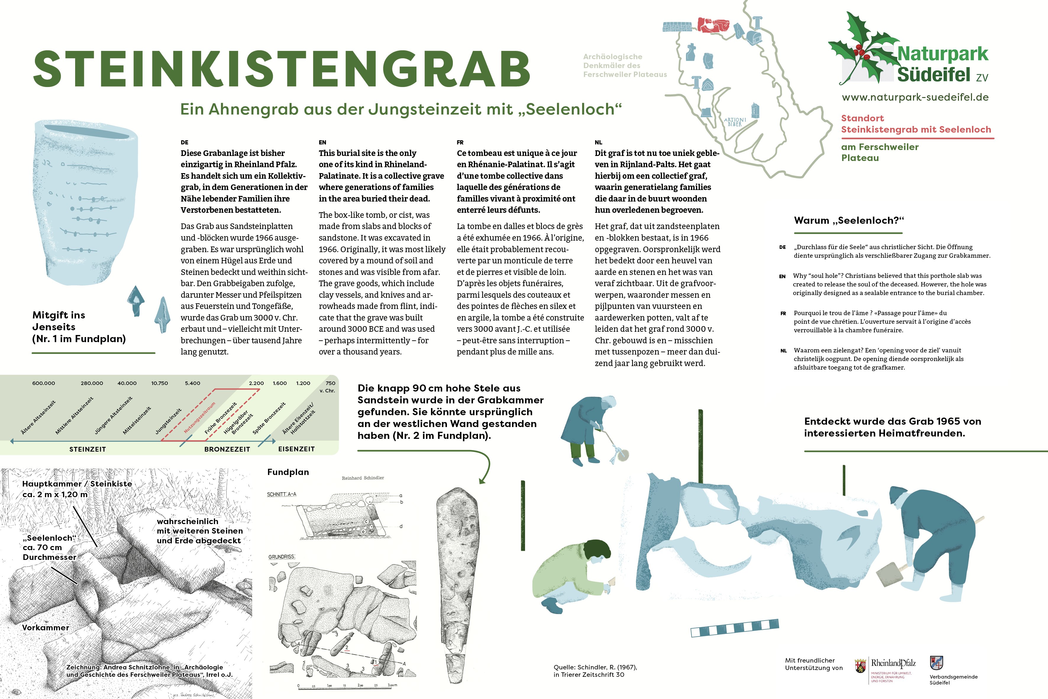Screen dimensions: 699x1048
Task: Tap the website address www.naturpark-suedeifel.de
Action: pyautogui.click(x=915, y=97)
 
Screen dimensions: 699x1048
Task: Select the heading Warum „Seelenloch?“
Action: pyautogui.click(x=849, y=220)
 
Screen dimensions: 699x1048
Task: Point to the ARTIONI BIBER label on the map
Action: pyautogui.click(x=735, y=122)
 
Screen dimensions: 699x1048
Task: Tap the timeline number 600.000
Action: pyautogui.click(x=44, y=383)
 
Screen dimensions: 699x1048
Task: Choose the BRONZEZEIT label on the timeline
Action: pyautogui.click(x=227, y=449)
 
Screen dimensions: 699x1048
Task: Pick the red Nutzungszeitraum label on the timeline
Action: pyautogui.click(x=200, y=418)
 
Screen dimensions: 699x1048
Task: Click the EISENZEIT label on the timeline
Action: pyautogui.click(x=296, y=449)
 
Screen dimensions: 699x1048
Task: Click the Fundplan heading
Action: pyautogui.click(x=288, y=472)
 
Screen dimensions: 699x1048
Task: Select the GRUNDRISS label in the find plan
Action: pyautogui.click(x=282, y=557)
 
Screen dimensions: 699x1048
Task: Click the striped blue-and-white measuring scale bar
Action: pyautogui.click(x=734, y=627)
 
